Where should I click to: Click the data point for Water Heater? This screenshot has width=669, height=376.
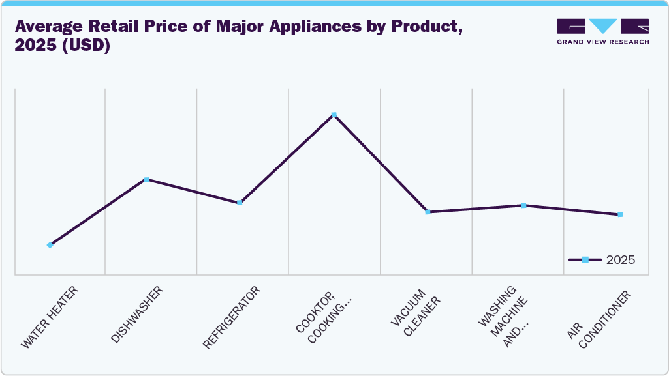point(50,245)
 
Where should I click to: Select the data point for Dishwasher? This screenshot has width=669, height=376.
point(146,180)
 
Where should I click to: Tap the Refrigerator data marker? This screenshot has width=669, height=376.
point(240,203)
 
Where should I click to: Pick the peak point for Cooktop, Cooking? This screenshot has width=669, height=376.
point(334,115)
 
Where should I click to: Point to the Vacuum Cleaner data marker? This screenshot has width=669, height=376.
point(428,212)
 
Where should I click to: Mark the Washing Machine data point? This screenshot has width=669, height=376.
point(523,205)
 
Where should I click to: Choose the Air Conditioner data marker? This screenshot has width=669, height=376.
point(620,214)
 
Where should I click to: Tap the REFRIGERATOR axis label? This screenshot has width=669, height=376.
point(231,317)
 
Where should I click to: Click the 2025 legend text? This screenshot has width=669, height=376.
point(620,260)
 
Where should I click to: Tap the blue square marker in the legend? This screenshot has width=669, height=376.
point(585,260)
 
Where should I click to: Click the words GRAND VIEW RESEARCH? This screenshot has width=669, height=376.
point(602,42)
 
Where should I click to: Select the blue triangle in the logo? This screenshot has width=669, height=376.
point(602,26)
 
